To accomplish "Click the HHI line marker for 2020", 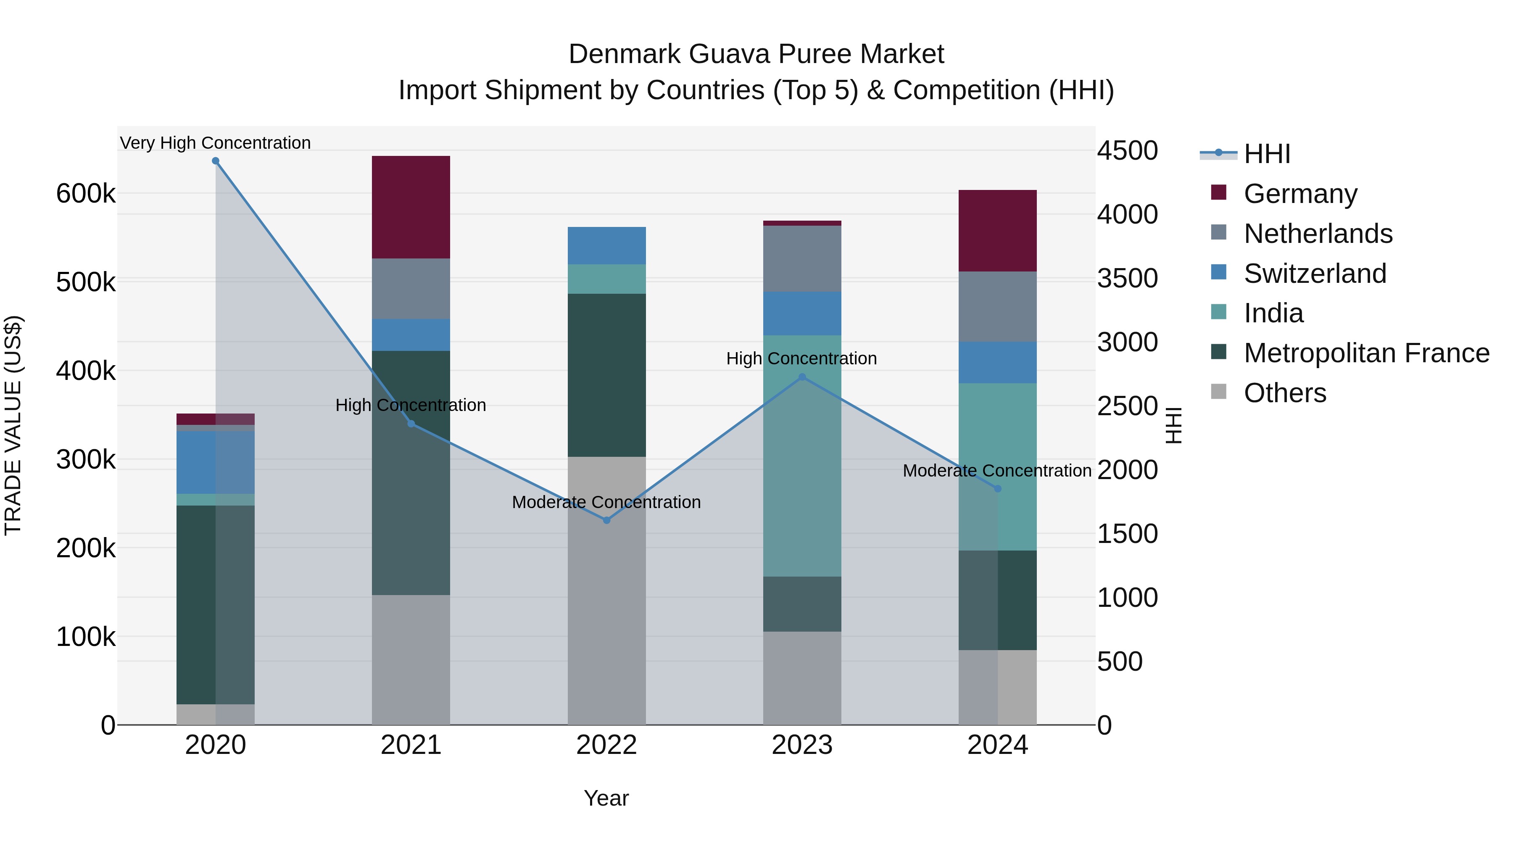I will pyautogui.click(x=216, y=161).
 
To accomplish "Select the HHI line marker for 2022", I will pyautogui.click(x=607, y=520).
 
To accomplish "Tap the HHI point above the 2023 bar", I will pyautogui.click(x=802, y=377).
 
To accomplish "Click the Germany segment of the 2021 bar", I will pyautogui.click(x=411, y=207).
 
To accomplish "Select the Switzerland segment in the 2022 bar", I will pyautogui.click(x=607, y=245).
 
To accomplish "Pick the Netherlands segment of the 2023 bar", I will pyautogui.click(x=802, y=258).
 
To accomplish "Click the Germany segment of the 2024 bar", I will pyautogui.click(x=997, y=231).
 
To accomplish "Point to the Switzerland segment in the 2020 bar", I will pyautogui.click(x=216, y=462).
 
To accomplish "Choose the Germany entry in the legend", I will pyautogui.click(x=1300, y=194).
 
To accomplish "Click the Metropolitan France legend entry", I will pyautogui.click(x=1366, y=353).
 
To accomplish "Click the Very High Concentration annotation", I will pyautogui.click(x=216, y=143).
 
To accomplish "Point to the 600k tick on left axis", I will pyautogui.click(x=86, y=193).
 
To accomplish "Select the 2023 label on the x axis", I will pyautogui.click(x=802, y=745).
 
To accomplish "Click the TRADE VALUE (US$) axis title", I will pyautogui.click(x=13, y=425).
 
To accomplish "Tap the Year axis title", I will pyautogui.click(x=606, y=798).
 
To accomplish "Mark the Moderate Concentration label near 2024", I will pyautogui.click(x=997, y=470).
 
